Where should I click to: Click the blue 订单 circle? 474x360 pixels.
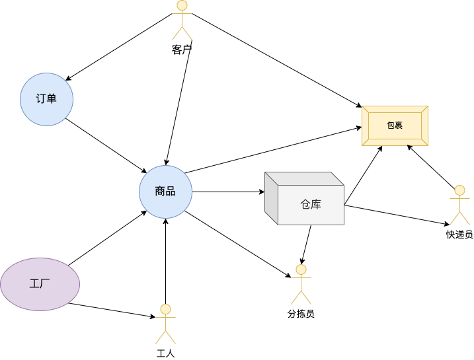(46, 99)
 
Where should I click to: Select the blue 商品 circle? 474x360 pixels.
(165, 192)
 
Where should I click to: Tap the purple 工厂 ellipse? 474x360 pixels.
(40, 284)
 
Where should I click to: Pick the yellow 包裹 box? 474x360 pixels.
(395, 126)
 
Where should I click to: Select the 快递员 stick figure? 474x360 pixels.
(459, 205)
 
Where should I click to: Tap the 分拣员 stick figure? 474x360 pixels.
(301, 284)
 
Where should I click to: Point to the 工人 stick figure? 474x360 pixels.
(165, 324)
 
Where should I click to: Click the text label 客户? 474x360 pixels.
(182, 50)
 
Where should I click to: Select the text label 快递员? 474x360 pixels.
(459, 234)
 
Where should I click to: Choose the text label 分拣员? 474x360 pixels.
(301, 314)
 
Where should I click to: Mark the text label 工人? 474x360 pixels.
(165, 353)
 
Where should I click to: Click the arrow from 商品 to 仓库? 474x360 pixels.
(228, 192)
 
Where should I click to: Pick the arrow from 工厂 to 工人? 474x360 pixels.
(112, 311)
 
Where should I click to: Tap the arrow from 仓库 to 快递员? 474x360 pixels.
(397, 215)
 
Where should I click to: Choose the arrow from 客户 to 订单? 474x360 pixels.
(119, 46)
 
